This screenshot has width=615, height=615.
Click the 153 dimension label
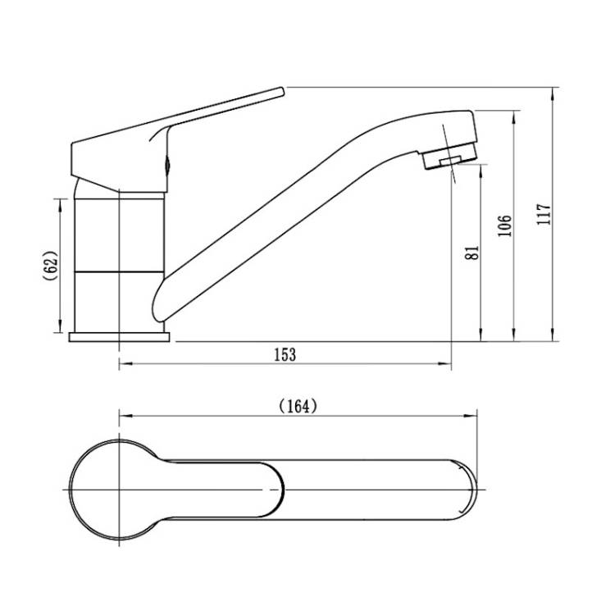[x=285, y=354]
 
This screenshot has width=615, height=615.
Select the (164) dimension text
[x=298, y=407]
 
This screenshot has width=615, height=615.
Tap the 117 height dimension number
[x=544, y=214]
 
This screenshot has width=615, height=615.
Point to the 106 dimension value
[x=505, y=226]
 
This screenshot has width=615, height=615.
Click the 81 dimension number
[x=471, y=253]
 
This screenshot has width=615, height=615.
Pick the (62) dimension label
[x=51, y=266]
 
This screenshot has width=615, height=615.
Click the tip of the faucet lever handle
[x=281, y=91]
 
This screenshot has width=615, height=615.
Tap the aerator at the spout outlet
[x=450, y=156]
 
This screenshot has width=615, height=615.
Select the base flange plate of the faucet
[x=119, y=337]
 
